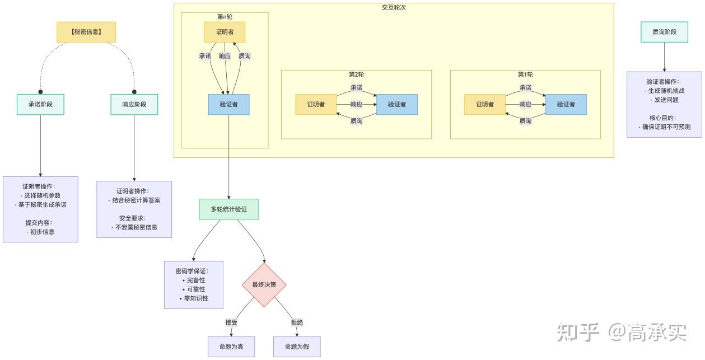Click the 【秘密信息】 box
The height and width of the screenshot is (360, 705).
point(86,32)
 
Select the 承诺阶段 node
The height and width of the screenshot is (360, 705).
point(40,104)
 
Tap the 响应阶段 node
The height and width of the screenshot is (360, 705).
point(134,104)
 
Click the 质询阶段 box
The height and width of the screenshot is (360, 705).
point(664,32)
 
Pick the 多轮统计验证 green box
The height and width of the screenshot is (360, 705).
point(228,209)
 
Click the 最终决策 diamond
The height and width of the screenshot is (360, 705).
point(264,284)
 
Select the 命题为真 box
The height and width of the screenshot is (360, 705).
point(231,347)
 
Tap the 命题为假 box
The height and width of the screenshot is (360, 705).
point(297,347)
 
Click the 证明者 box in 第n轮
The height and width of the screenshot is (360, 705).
point(225,32)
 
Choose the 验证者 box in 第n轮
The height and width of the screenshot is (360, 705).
point(228,104)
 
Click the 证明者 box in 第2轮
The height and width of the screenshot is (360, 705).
point(316,104)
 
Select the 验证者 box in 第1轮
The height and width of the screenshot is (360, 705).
point(566,104)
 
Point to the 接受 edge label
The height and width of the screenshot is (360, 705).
point(231,322)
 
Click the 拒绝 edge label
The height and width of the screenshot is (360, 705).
point(297,322)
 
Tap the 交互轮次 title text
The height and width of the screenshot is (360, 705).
point(394,7)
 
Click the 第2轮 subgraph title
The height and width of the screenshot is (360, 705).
point(356,74)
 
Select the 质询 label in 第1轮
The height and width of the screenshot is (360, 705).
point(525,121)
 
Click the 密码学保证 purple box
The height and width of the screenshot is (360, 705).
point(194,284)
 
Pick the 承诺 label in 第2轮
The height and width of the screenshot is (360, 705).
point(356,87)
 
